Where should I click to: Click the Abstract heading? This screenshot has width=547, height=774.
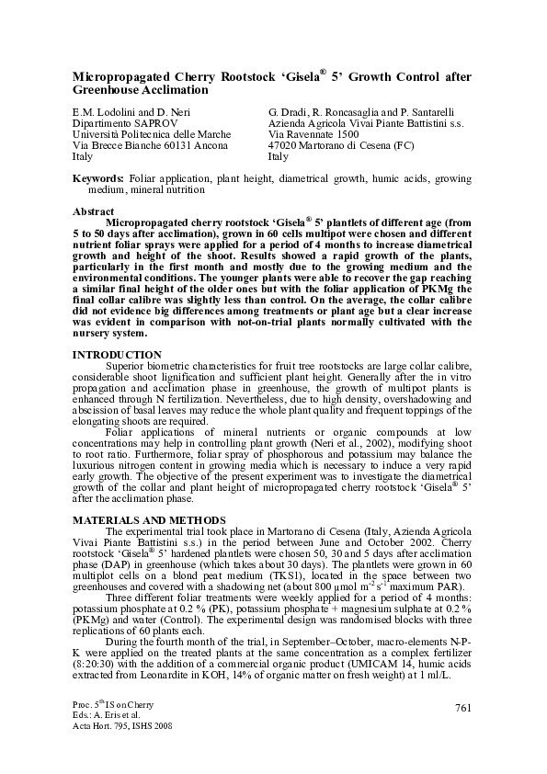pos(94,211)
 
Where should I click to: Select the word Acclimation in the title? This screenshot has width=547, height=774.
pos(179,91)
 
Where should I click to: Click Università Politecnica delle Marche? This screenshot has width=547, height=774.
pos(151,134)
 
